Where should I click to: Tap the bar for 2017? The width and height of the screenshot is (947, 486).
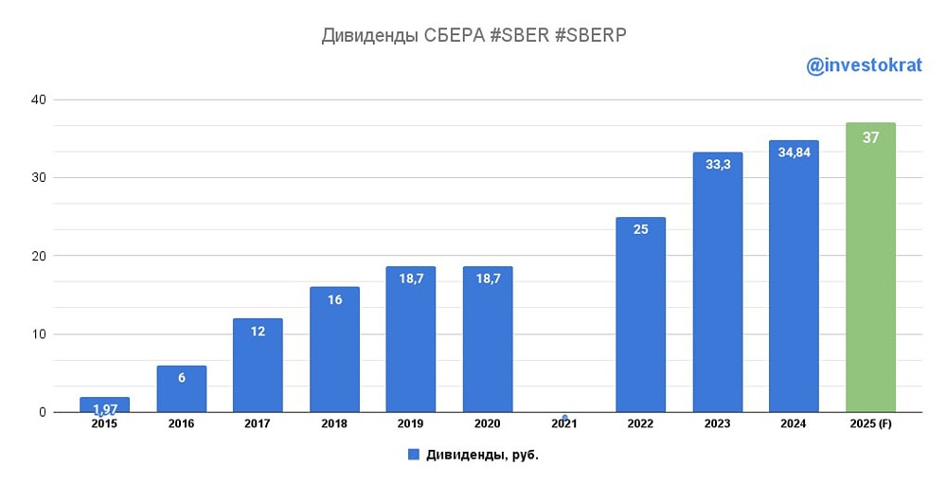258,369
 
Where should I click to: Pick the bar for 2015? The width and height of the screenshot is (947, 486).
104,405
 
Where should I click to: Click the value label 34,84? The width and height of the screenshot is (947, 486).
794,153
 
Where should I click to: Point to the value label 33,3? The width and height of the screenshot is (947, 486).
717,164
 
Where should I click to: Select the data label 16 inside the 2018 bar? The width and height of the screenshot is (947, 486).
334,299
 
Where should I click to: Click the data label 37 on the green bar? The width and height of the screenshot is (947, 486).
870,137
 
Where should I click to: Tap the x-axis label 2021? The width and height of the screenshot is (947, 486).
563,424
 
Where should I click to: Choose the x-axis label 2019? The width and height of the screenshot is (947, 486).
411,424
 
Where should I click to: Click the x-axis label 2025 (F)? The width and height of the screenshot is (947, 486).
870,424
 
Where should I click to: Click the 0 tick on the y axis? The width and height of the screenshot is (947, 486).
42,412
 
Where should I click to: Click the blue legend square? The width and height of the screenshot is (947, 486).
414,455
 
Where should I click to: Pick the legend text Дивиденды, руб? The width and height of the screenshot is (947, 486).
483,455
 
